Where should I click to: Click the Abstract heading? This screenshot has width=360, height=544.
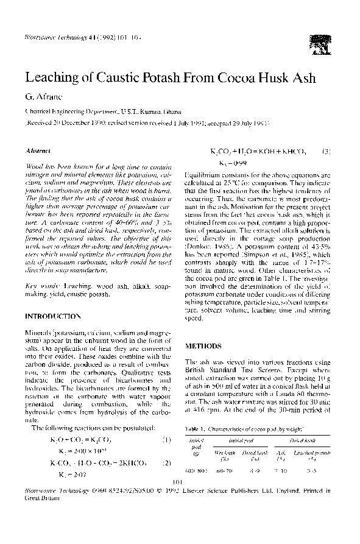[x=38, y=149]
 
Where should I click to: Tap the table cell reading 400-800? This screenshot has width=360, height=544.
[x=195, y=470]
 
